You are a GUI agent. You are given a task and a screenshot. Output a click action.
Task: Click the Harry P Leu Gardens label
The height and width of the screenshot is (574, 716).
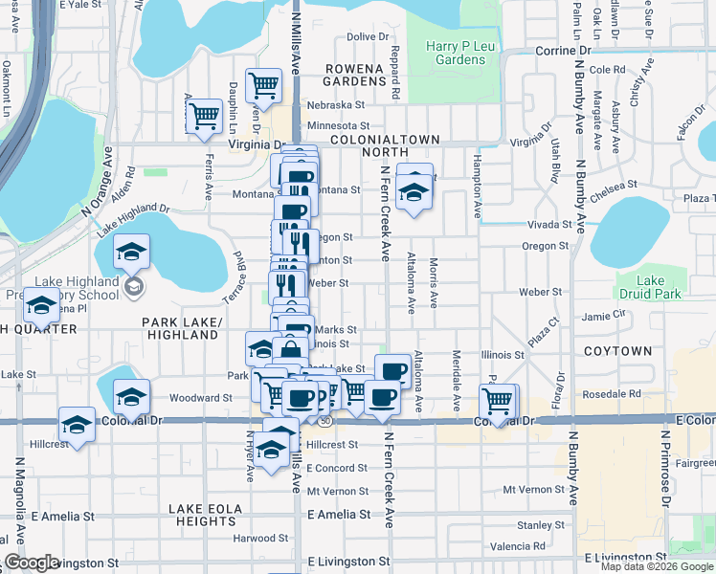[456, 53]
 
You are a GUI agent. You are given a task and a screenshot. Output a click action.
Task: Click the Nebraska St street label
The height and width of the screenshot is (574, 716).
[336, 105]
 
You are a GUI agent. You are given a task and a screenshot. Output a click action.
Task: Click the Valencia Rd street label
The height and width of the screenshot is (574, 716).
[517, 546]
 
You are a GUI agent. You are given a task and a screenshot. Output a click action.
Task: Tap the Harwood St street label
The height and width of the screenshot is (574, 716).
[260, 538]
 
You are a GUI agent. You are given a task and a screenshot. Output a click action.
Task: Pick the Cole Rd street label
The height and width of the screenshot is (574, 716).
[607, 70]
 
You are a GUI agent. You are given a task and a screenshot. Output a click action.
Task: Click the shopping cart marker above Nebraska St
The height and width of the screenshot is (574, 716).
[263, 86]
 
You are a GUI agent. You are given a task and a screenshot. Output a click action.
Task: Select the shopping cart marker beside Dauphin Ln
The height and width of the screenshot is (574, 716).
[204, 117]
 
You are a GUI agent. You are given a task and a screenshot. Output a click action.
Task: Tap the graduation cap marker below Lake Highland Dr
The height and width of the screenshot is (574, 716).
[131, 253]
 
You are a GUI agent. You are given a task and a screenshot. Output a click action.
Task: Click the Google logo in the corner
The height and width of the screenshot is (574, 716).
[32, 563]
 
